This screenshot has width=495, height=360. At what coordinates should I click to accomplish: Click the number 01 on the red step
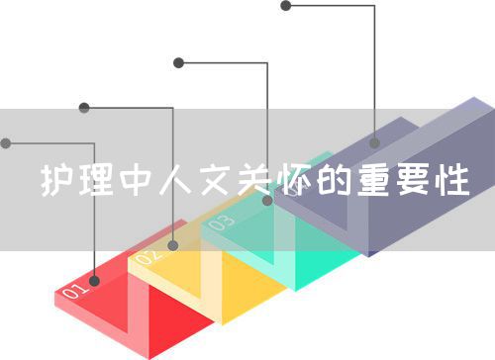point(76,292)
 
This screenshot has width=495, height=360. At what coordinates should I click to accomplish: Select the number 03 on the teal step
point(222,223)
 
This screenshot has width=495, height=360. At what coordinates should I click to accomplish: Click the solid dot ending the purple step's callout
point(285,6)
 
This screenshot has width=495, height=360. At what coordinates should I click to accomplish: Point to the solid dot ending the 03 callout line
point(178,63)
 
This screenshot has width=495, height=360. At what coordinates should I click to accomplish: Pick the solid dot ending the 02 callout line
point(84,107)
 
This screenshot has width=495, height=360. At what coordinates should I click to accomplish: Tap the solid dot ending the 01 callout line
point(6,143)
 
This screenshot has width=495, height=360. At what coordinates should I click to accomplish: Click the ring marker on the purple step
point(375,143)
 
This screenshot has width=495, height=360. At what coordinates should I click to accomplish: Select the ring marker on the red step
point(95,280)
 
